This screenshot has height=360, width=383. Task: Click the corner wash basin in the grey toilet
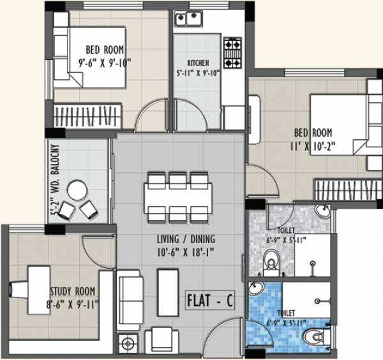[324, 214]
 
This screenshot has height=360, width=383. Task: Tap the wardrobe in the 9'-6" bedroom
[84, 117]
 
